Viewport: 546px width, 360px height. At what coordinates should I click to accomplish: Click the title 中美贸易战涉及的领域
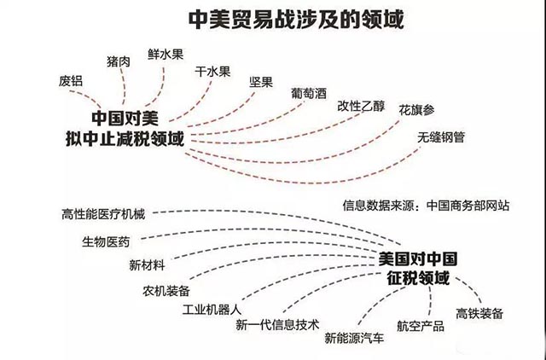pyautogui.click(x=296, y=20)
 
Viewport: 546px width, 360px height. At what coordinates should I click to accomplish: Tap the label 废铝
pyautogui.click(x=71, y=81)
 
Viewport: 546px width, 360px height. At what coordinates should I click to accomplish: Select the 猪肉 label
pyautogui.click(x=119, y=61)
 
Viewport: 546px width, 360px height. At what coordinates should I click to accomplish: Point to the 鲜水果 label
pyautogui.click(x=166, y=54)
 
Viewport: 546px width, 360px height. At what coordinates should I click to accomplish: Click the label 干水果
pyautogui.click(x=212, y=72)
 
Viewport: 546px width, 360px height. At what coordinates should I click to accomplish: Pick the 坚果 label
pyautogui.click(x=261, y=82)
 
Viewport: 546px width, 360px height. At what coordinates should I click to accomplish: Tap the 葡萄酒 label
pyautogui.click(x=309, y=93)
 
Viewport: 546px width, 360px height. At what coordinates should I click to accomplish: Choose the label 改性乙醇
pyautogui.click(x=361, y=106)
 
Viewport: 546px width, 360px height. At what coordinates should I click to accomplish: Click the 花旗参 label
pyautogui.click(x=417, y=110)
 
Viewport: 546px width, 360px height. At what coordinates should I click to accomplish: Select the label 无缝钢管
pyautogui.click(x=441, y=137)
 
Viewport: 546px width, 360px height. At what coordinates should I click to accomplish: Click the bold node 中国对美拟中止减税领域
pyautogui.click(x=125, y=129)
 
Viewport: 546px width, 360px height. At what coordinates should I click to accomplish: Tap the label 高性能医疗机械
pyautogui.click(x=103, y=214)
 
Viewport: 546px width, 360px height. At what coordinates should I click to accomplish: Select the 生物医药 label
pyautogui.click(x=106, y=241)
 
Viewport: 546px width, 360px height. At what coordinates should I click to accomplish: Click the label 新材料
pyautogui.click(x=147, y=265)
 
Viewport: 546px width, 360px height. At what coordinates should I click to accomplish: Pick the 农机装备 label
pyautogui.click(x=166, y=291)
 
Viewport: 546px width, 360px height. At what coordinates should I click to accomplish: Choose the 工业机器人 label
pyautogui.click(x=212, y=309)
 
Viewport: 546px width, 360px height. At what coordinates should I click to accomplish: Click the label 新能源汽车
pyautogui.click(x=355, y=338)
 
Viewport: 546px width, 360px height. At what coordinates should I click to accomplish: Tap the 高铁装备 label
pyautogui.click(x=479, y=313)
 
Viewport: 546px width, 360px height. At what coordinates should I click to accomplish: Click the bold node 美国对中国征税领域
pyautogui.click(x=418, y=269)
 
